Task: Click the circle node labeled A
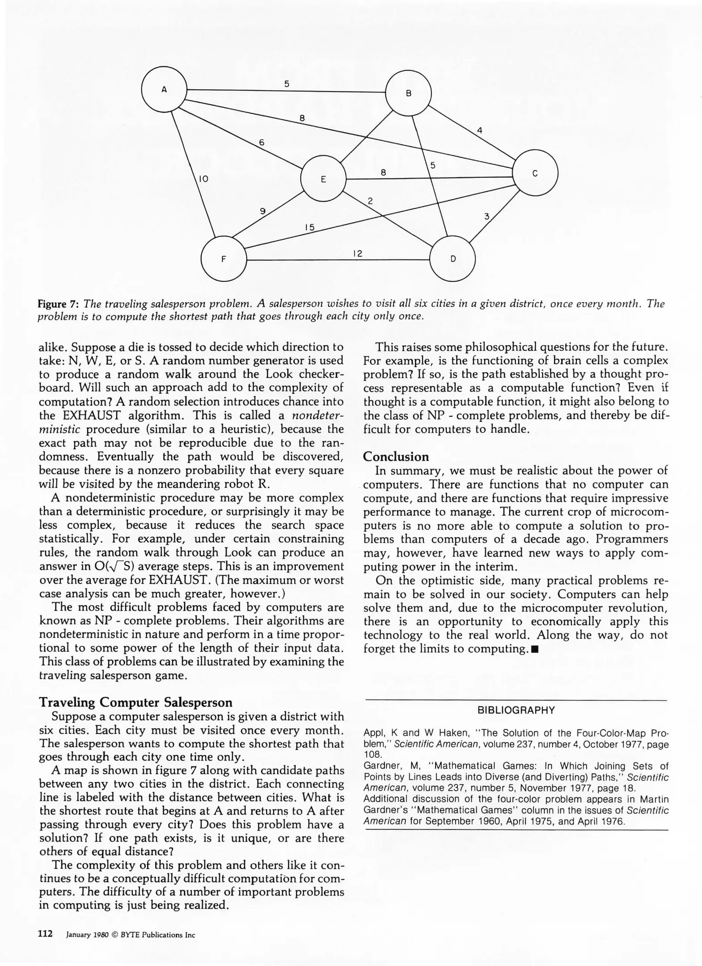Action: click(164, 89)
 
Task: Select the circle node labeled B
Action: click(408, 93)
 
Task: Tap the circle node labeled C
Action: click(535, 173)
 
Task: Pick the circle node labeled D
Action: click(452, 258)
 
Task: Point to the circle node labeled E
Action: click(323, 179)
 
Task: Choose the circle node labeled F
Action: click(224, 258)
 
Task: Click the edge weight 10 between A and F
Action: click(203, 179)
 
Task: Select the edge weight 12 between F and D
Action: click(357, 254)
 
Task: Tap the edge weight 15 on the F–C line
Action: click(309, 227)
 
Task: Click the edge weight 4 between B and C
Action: click(479, 131)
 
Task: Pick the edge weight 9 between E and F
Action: click(263, 211)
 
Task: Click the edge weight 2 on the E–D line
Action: click(370, 201)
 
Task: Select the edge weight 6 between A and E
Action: click(262, 143)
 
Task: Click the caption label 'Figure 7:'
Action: click(58, 304)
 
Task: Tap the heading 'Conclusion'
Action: click(396, 457)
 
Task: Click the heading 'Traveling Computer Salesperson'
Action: click(136, 702)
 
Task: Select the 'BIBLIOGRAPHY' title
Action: click(516, 710)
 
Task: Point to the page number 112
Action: click(46, 933)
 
